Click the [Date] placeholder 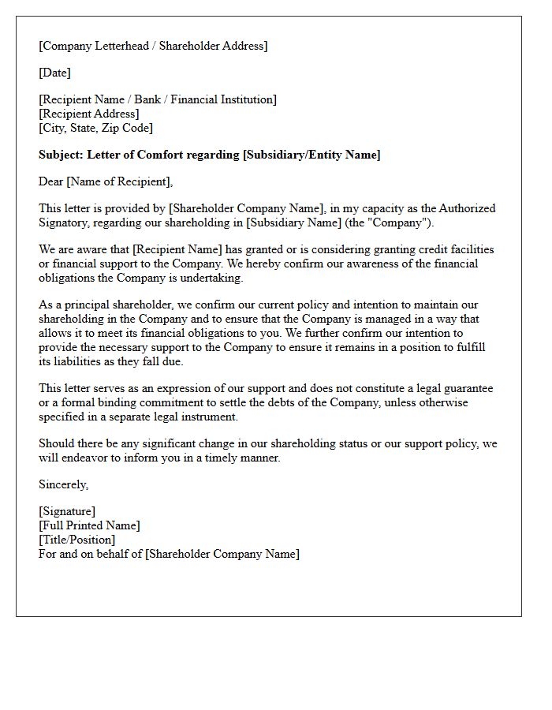(x=54, y=73)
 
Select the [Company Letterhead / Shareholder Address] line (x=153, y=46)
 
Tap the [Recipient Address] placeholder (x=89, y=114)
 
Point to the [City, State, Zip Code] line (x=95, y=128)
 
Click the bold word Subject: (x=62, y=155)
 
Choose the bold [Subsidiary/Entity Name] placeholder (x=311, y=155)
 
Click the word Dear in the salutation (x=51, y=181)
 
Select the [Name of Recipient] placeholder (x=120, y=181)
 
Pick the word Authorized (x=466, y=208)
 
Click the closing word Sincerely (x=63, y=484)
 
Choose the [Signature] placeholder (x=67, y=511)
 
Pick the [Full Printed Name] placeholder (x=89, y=525)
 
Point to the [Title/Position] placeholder (x=76, y=540)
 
